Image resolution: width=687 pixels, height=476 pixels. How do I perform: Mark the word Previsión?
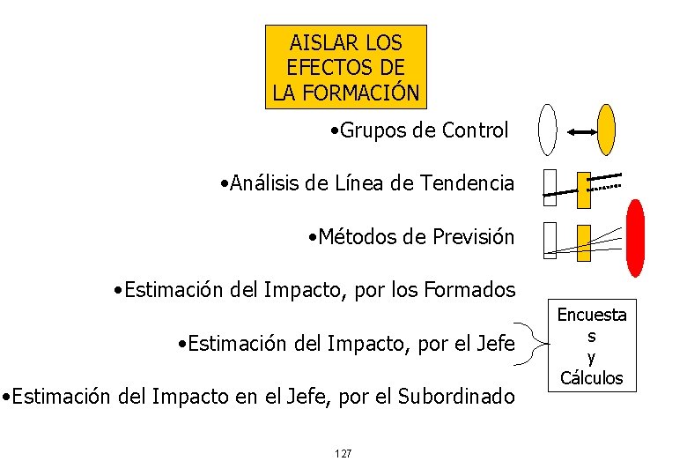(x=474, y=236)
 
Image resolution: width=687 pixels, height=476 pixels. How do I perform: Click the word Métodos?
(x=351, y=236)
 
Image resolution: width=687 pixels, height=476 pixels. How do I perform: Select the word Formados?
(x=472, y=289)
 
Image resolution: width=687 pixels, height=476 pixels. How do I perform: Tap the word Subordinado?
(x=459, y=397)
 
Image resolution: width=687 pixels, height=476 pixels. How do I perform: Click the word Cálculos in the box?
(x=591, y=378)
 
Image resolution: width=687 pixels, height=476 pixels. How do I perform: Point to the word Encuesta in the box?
(x=591, y=315)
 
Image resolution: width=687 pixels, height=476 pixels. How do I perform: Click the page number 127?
(x=343, y=453)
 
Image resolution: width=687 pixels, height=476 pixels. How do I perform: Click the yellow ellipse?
(x=606, y=130)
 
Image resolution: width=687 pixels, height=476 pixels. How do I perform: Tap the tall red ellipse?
(x=635, y=236)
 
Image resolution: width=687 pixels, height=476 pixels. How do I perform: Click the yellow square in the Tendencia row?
(x=584, y=185)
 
